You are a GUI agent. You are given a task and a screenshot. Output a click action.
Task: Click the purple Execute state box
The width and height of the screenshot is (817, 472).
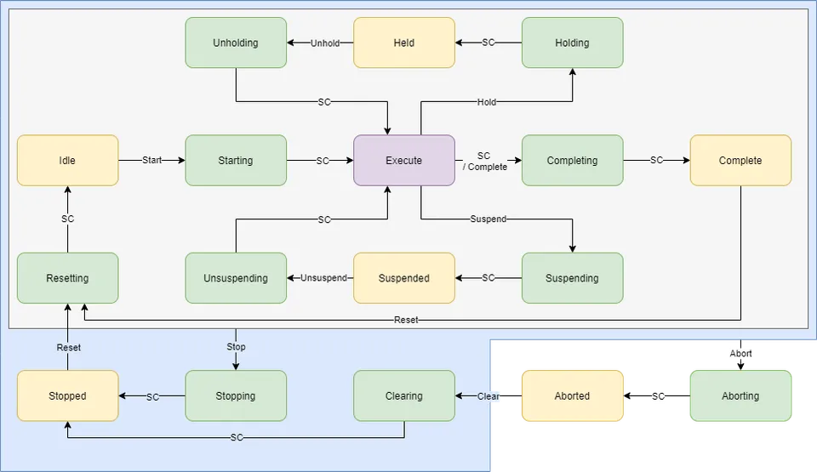403,160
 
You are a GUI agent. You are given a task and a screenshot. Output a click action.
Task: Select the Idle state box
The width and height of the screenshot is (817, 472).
67,160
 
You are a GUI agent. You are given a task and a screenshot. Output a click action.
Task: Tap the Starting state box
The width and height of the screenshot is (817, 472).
236,160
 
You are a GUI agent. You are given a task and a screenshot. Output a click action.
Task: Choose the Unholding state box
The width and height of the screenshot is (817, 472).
236,43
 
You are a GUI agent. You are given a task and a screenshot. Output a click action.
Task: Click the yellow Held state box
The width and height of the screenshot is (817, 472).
403,43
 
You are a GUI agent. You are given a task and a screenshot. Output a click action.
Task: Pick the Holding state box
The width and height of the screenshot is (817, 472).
572,43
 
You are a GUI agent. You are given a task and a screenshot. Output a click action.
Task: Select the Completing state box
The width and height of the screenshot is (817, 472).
572,160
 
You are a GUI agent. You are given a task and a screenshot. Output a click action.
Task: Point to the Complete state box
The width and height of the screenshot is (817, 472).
740,160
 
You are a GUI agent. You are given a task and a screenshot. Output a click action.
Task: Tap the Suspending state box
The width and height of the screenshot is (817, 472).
572,278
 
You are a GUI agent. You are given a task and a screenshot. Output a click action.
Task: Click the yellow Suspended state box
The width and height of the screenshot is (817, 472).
403,278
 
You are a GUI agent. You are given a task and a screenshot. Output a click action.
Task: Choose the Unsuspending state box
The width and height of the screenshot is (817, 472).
236,278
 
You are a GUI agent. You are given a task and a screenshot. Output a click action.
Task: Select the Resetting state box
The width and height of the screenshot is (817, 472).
67,278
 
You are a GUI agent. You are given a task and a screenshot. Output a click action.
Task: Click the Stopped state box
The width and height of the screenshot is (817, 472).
67,395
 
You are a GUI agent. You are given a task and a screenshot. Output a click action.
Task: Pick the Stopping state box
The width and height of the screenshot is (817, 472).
236,395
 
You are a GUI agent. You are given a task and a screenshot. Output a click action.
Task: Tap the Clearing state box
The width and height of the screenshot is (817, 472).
403,395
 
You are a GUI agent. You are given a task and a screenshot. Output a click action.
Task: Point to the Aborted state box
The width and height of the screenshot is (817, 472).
572,395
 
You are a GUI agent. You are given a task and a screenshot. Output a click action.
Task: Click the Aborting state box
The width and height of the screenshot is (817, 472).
740,395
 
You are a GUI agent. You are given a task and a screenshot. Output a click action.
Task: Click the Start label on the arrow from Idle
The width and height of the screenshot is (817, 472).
151,160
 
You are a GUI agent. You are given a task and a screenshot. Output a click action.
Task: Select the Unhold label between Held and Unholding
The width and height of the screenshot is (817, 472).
324,43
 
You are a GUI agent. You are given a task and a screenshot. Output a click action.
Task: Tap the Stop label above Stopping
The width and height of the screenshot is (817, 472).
236,346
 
